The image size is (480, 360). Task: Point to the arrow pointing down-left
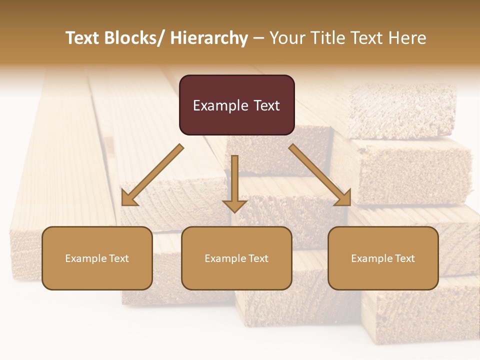[152, 175]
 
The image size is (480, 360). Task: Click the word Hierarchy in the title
[209, 38]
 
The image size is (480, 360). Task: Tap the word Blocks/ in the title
[132, 38]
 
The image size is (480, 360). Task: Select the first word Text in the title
[83, 38]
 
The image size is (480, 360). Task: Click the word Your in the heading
[287, 38]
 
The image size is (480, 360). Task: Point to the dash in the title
[258, 38]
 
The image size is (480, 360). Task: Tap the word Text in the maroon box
[266, 105]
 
